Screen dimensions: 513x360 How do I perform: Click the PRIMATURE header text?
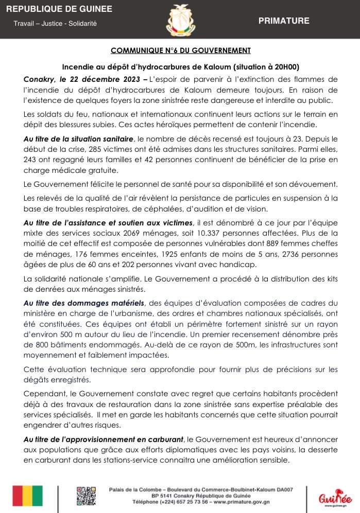pyautogui.click(x=284, y=21)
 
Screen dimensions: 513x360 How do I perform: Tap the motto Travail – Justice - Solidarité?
pyautogui.click(x=55, y=24)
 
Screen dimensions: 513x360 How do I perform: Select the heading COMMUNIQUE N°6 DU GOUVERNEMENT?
pyautogui.click(x=180, y=50)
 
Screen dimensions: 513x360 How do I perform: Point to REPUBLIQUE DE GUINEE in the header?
pyautogui.click(x=59, y=10)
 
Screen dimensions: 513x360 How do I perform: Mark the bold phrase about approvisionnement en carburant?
pyautogui.click(x=104, y=438)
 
